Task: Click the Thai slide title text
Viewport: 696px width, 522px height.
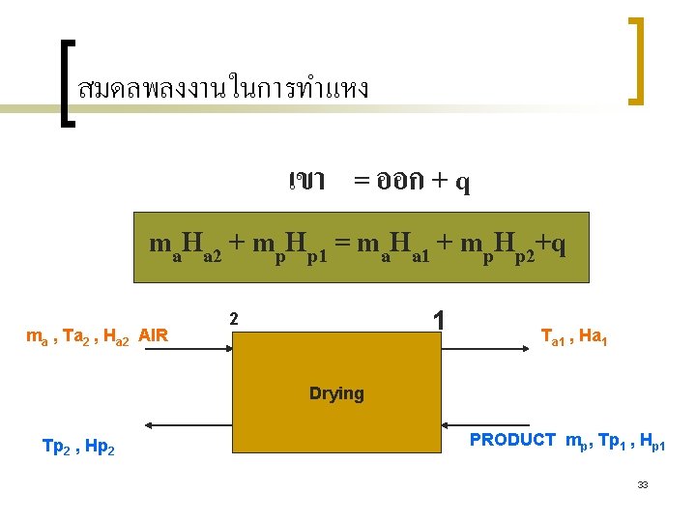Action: [223, 89]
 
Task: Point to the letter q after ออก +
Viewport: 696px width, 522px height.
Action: [463, 182]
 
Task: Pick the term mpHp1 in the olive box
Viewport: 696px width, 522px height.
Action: [289, 247]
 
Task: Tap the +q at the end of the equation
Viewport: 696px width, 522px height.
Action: [554, 246]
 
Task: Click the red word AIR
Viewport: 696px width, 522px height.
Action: [154, 335]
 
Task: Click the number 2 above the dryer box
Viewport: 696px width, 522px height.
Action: [233, 318]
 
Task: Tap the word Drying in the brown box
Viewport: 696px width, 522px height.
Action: [336, 393]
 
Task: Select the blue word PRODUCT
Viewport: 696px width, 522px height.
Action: [512, 440]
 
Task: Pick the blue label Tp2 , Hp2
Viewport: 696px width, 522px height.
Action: [79, 446]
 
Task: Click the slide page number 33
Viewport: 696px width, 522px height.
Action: [643, 484]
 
